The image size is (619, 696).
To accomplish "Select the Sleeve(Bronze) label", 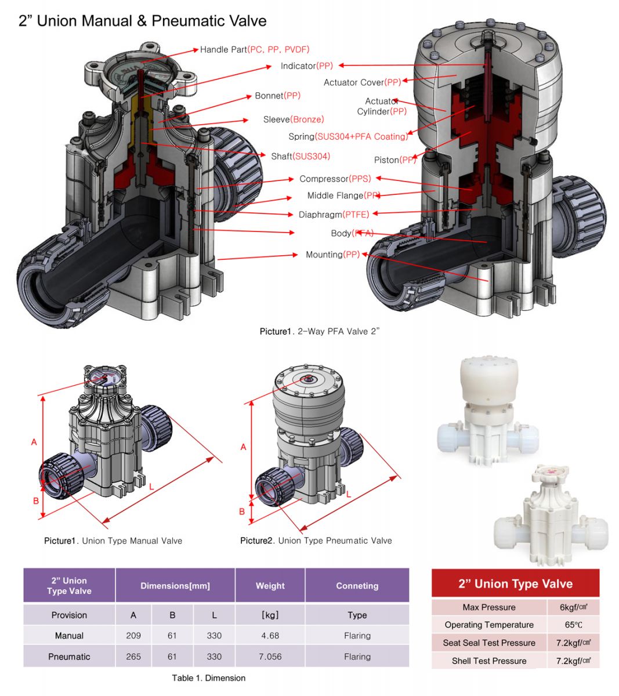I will (294, 119).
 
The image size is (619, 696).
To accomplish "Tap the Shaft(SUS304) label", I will (301, 156).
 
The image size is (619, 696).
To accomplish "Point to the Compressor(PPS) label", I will (335, 179).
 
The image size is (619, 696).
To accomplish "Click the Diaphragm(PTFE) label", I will (334, 215).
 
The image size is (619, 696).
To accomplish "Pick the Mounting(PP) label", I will (332, 255).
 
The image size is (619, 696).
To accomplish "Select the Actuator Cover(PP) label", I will (362, 82).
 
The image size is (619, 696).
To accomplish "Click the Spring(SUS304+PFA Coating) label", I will (348, 137).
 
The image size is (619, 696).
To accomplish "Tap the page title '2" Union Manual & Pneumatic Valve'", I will (143, 21).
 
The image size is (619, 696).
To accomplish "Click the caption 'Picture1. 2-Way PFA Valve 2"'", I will (319, 332).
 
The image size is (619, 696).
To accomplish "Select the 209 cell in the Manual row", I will (133, 636).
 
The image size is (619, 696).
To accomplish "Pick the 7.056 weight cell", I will (270, 657).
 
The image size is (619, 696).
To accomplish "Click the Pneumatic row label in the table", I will (69, 657).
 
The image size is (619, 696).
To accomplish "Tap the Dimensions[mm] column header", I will (175, 586).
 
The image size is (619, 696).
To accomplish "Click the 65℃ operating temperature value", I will (573, 625).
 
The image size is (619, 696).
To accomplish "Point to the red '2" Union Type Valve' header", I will (515, 584).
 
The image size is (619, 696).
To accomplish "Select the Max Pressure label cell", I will (489, 607).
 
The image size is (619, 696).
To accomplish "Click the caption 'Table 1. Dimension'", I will (208, 678).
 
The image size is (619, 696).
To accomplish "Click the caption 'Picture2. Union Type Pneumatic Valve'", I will (316, 541).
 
